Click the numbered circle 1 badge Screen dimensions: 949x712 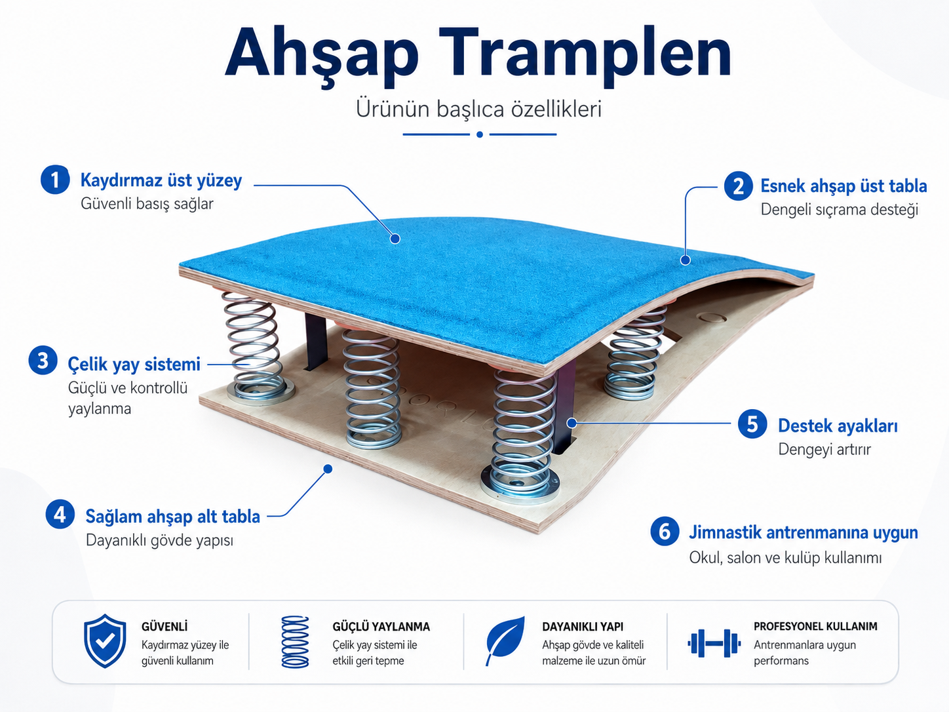pos(55,180)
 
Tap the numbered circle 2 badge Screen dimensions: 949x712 pos(739,186)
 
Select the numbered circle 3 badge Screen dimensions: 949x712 pos(43,360)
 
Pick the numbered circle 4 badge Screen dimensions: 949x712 pos(60,514)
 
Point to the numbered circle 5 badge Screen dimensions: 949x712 pos(753,424)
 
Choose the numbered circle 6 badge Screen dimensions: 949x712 pos(665,531)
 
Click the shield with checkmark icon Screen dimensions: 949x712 pos(105,641)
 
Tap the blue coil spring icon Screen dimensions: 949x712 pos(296,642)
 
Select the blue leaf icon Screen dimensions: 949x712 pos(505,641)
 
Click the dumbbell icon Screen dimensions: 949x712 pos(714,643)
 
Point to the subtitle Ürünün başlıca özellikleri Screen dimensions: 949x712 pos(478,109)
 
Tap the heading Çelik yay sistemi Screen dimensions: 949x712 pos(134,365)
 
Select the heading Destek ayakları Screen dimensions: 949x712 pos(838,425)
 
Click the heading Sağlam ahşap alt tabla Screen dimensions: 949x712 pos(172,517)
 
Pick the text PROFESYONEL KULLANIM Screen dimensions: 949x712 pos(815,626)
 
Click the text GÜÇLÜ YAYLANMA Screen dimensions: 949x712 pos(381,627)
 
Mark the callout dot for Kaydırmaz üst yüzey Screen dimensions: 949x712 pos(395,239)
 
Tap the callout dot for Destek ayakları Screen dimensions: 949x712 pos(571,423)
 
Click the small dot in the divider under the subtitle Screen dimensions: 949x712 pos(480,134)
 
